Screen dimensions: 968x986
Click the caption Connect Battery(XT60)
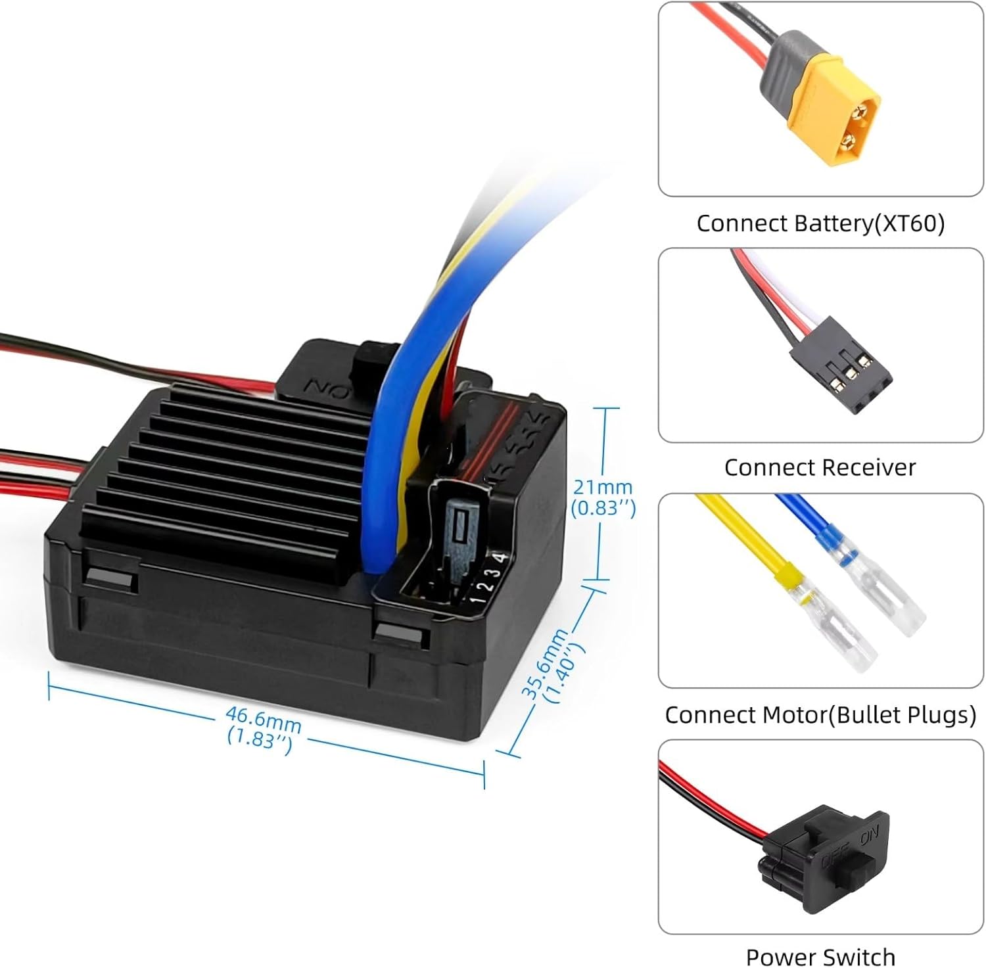point(820,223)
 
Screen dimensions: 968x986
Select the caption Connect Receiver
point(819,467)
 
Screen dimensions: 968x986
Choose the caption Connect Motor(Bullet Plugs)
point(820,714)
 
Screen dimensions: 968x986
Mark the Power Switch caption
point(820,956)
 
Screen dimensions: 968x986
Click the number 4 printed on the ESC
point(502,558)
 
